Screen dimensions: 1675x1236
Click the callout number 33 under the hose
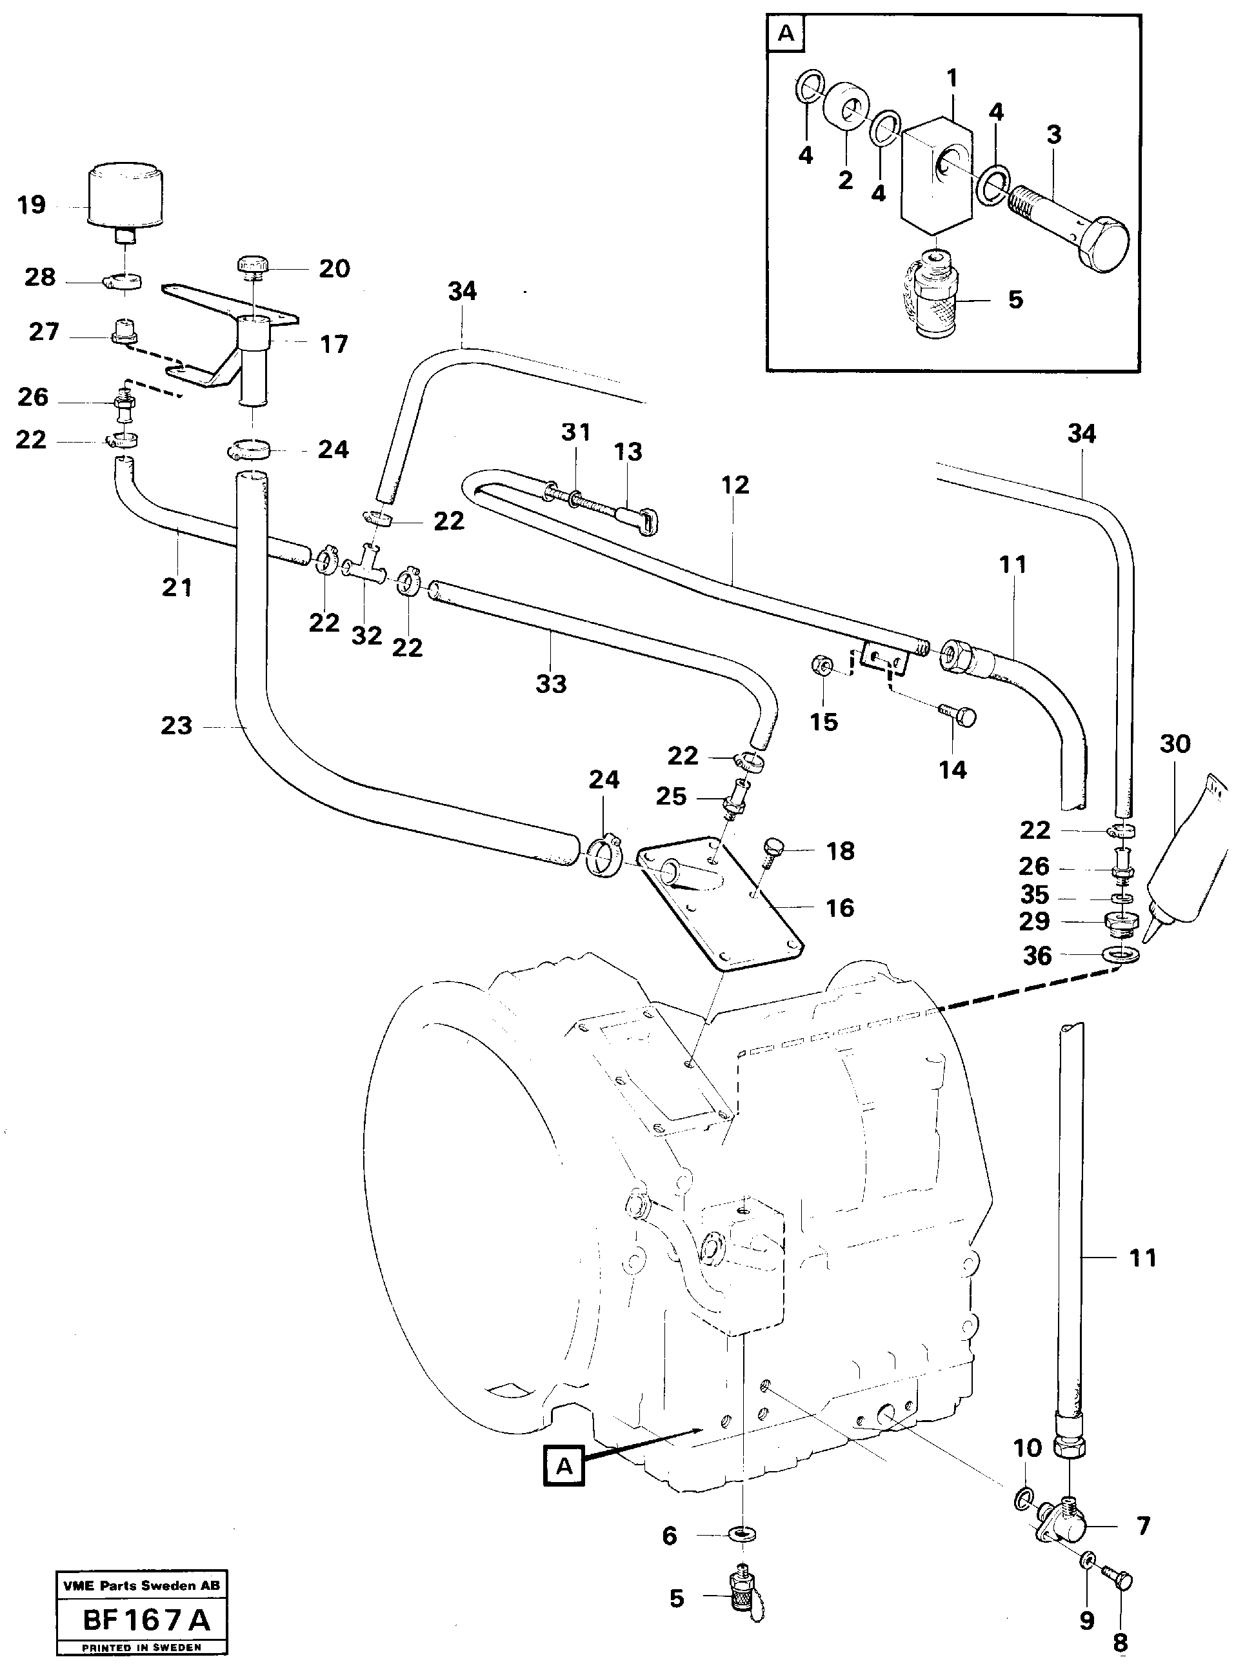coord(551,684)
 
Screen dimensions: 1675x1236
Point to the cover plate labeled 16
coord(718,906)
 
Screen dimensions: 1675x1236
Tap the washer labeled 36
coord(1121,956)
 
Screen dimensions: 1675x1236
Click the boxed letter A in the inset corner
coord(786,34)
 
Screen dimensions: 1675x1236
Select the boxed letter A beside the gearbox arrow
coord(564,1465)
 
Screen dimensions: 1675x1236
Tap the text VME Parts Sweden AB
coord(141,1585)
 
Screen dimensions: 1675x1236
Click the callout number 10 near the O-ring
coord(1027,1447)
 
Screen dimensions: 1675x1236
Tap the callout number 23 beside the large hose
coord(177,726)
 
